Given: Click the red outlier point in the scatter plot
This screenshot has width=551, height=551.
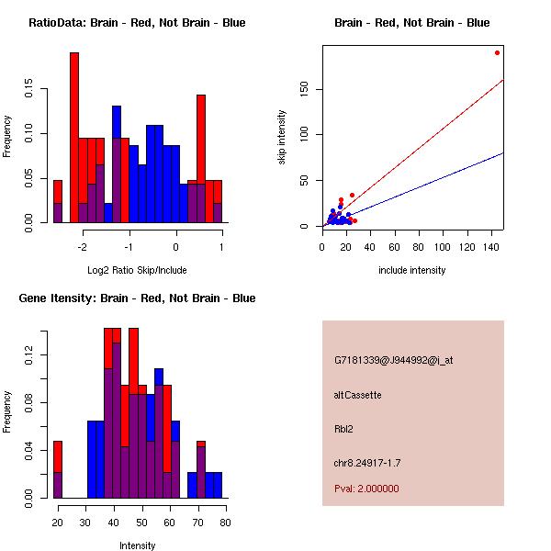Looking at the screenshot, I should click(x=497, y=52).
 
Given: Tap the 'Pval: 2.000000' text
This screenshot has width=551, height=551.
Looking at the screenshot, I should click(x=367, y=489).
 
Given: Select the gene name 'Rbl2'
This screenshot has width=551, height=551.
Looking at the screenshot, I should click(x=344, y=428).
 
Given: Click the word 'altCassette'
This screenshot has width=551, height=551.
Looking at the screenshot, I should click(x=358, y=395).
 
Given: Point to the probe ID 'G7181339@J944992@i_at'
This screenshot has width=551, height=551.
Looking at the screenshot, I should click(x=394, y=360).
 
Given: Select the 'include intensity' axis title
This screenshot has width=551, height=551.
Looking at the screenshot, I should click(x=412, y=270).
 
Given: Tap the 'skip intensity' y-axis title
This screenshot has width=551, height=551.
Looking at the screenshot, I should click(x=282, y=138).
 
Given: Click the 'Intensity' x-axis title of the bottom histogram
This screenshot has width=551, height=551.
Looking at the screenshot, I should click(x=138, y=545).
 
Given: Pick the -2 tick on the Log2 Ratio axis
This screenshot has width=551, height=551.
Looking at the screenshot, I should click(x=83, y=246).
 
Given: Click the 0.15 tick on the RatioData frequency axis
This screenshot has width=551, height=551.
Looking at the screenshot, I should click(x=29, y=91).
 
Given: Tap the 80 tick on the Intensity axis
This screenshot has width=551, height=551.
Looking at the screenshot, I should click(x=225, y=522).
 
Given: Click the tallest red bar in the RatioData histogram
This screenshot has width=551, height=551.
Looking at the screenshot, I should click(x=74, y=138).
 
